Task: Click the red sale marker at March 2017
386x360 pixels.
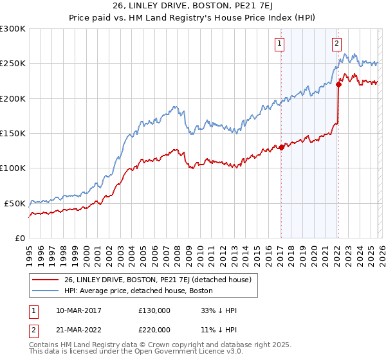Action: tap(281, 147)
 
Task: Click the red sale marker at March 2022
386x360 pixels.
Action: tap(338, 84)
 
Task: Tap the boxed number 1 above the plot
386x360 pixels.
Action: tap(280, 44)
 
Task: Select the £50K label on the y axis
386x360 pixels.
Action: tap(15, 203)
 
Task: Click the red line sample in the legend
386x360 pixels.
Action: tap(46, 280)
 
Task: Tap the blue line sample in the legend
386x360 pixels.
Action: tap(46, 291)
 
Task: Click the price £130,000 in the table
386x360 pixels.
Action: tap(154, 310)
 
